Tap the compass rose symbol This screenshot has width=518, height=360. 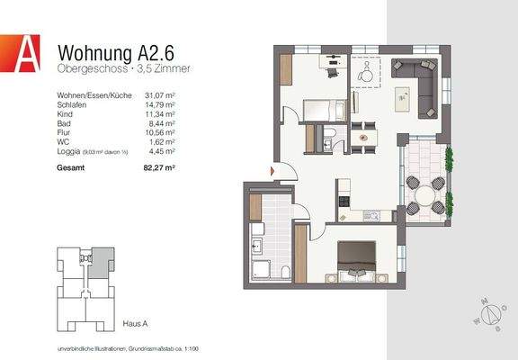[x=492, y=315]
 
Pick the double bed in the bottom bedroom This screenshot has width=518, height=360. [x=356, y=262]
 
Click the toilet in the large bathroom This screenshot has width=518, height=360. [x=283, y=274]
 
